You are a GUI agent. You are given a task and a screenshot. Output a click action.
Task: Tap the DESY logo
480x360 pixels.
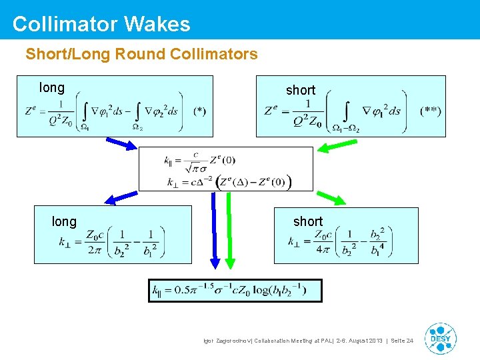point(440,338)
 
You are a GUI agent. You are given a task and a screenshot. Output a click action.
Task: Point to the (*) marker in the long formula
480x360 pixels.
point(199,111)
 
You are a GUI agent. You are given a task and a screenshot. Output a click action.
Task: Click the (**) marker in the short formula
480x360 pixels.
point(430,111)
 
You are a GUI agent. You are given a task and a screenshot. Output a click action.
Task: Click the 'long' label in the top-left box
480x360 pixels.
point(52,87)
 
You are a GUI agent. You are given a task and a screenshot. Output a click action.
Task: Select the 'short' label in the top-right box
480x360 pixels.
point(300,90)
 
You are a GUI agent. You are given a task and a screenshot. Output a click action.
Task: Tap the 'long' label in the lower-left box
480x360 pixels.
point(64,221)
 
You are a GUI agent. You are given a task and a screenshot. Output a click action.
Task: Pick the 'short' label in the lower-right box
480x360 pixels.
point(308,221)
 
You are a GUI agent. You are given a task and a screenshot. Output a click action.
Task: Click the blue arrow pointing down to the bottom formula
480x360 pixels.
point(215,233)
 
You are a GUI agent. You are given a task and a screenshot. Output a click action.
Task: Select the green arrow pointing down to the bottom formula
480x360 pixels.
point(230,233)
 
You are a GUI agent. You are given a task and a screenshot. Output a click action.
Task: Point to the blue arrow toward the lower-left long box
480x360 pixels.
point(120,197)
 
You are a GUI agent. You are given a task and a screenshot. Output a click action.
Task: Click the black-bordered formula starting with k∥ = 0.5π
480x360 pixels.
point(235,291)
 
